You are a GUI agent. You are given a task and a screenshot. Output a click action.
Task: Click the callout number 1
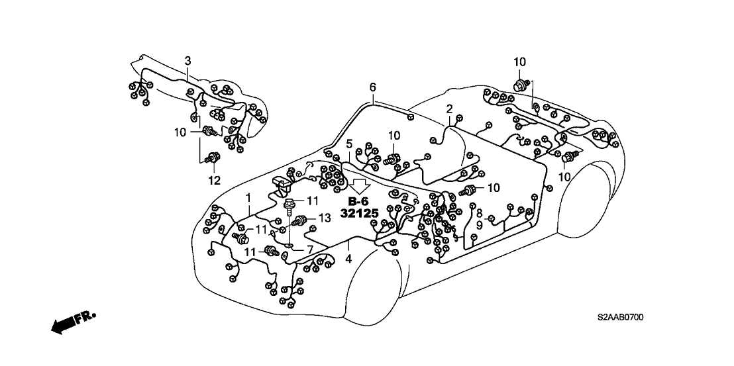(x=248, y=197)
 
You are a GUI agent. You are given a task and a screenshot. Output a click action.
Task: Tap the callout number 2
(x=449, y=109)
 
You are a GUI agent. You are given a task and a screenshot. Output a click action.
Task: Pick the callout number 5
(x=349, y=144)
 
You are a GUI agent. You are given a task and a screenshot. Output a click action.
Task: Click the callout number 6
(x=372, y=87)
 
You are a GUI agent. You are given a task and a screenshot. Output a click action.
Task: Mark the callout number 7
(x=309, y=249)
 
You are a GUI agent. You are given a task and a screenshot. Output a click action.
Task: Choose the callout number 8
(x=479, y=212)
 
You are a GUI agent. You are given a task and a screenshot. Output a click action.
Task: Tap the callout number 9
(x=479, y=225)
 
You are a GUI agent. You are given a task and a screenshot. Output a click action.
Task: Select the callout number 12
(x=213, y=179)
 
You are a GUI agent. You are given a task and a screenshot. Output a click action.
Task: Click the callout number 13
(x=324, y=218)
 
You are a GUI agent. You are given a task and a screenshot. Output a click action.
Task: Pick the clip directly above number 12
(x=213, y=159)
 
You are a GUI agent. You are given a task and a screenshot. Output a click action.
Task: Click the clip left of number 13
(x=302, y=220)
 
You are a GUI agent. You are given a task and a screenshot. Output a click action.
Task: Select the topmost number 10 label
(x=519, y=62)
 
